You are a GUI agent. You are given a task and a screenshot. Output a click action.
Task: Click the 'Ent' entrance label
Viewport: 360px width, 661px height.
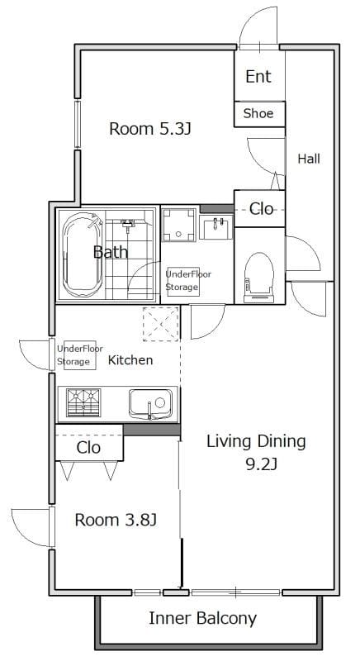point(258,77)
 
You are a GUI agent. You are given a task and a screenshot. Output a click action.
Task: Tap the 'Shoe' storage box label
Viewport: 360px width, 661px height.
point(258,113)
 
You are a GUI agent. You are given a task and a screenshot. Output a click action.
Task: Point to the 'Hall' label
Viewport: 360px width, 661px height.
point(309,159)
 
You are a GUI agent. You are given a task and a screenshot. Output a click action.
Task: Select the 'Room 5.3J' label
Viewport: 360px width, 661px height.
point(150,129)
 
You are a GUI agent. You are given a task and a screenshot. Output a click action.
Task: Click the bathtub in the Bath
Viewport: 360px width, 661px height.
point(82,254)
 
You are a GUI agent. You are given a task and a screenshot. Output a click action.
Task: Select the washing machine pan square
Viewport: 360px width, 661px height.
point(179,225)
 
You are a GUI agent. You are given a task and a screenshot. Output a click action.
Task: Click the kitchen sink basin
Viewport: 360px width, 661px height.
point(150,403)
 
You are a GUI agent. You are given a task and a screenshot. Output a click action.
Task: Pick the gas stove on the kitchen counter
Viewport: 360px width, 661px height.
point(83,402)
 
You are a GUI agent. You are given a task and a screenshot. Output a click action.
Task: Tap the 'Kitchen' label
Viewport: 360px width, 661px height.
point(130,360)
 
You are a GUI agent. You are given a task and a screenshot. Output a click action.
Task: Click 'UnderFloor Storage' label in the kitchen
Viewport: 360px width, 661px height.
point(80,355)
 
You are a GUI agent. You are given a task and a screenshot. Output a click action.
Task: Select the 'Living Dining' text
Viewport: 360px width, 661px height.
point(256,441)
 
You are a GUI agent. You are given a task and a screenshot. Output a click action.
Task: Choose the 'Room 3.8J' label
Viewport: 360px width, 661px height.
point(116,520)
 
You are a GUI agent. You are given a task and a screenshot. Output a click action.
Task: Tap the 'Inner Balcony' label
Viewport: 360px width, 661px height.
point(202,618)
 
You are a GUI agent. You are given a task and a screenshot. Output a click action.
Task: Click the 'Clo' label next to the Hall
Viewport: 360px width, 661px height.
point(261,209)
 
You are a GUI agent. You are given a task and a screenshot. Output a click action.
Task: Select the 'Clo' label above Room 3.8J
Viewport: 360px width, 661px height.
point(88,448)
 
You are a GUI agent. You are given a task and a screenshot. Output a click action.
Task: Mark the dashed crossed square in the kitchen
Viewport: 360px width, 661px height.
point(161,324)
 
